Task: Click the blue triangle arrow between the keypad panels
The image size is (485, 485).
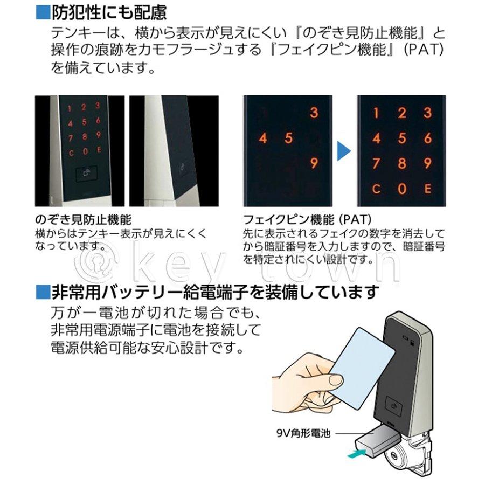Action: tap(343, 151)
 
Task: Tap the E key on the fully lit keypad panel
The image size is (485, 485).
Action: tap(427, 189)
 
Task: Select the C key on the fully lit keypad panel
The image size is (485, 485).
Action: tap(376, 189)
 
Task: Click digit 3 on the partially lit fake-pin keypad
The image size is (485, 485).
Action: tap(314, 113)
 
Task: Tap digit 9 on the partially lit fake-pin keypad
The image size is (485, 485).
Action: tap(314, 163)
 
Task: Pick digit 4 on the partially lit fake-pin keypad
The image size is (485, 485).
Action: tap(263, 138)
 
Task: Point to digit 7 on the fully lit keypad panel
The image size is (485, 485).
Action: tap(376, 163)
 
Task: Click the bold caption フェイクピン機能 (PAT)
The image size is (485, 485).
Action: tap(304, 220)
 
